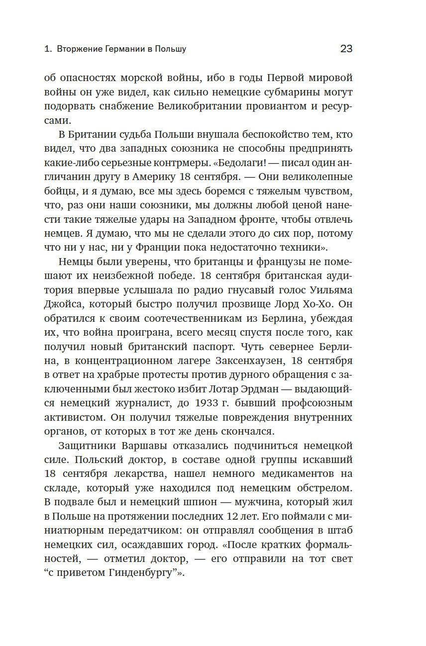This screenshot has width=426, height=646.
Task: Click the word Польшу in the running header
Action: coord(170,49)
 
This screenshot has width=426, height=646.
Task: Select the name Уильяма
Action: coord(328,289)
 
